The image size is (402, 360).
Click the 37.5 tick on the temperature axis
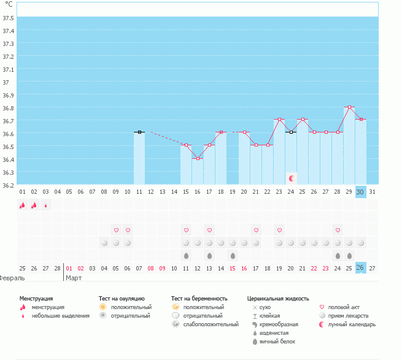click(x=9, y=18)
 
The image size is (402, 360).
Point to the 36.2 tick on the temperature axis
click(x=9, y=185)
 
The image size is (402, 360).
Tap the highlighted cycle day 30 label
click(x=361, y=191)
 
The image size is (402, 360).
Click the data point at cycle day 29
click(x=349, y=107)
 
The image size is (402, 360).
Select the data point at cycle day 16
click(x=198, y=158)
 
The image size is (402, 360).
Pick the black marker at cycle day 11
click(x=139, y=132)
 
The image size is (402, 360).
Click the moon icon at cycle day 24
click(x=292, y=178)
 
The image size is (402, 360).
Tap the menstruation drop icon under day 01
click(x=23, y=205)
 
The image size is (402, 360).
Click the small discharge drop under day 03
click(x=45, y=206)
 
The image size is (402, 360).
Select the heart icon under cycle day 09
click(x=116, y=230)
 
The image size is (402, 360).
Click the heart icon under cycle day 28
click(x=338, y=230)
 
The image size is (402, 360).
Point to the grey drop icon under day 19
click(x=233, y=255)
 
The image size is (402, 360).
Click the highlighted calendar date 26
click(x=361, y=267)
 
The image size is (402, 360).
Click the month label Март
click(x=74, y=278)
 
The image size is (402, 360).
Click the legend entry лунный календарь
click(x=352, y=324)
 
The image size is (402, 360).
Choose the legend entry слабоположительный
click(x=211, y=324)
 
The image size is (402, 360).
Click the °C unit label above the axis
click(x=9, y=4)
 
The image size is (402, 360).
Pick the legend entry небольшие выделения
click(x=60, y=316)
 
